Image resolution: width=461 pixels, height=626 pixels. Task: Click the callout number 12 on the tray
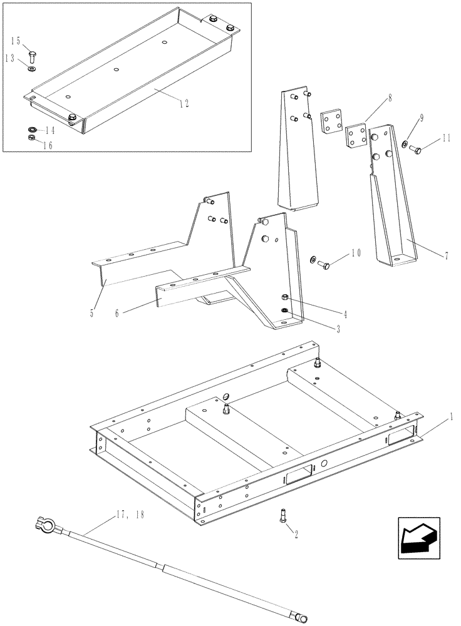[x=183, y=103]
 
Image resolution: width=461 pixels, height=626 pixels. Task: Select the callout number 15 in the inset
[x=15, y=41]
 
